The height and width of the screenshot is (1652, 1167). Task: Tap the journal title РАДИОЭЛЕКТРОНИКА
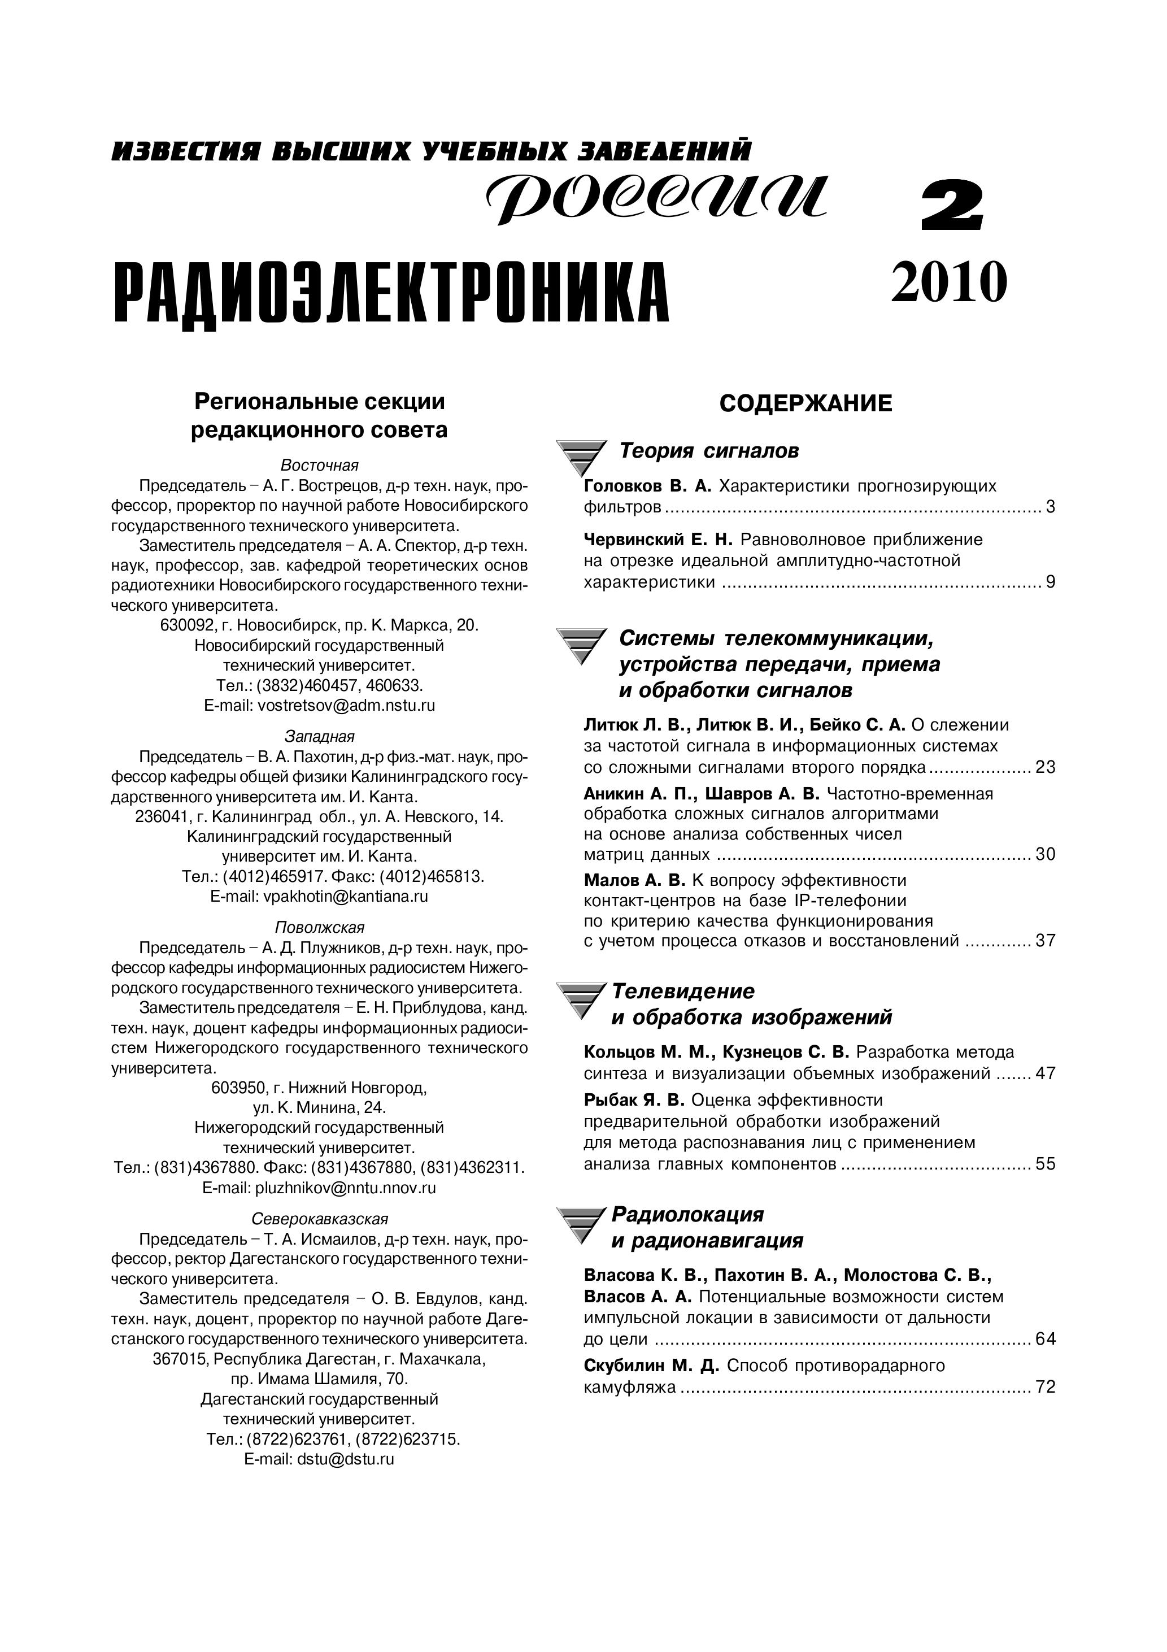pyautogui.click(x=392, y=294)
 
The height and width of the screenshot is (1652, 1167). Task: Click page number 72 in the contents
pyautogui.click(x=1044, y=1386)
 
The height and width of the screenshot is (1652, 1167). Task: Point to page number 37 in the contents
pyautogui.click(x=1044, y=940)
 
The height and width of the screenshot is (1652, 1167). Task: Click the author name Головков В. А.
pyautogui.click(x=647, y=486)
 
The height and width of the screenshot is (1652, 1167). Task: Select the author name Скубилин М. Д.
pyautogui.click(x=651, y=1366)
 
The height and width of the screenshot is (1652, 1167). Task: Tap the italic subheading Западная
pyautogui.click(x=320, y=736)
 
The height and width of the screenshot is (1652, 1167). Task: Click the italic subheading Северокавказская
pyautogui.click(x=320, y=1219)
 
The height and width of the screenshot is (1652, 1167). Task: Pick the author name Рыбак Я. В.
pyautogui.click(x=634, y=1100)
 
